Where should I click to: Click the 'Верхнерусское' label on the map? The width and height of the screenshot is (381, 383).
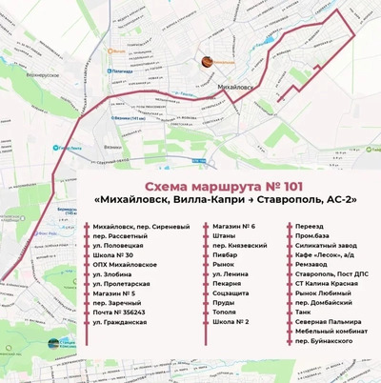click(43, 73)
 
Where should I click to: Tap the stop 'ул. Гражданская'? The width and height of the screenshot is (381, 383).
click(120, 323)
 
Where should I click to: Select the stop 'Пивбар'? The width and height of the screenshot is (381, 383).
click(225, 254)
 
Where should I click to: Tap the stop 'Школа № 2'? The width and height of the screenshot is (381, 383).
click(231, 322)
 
